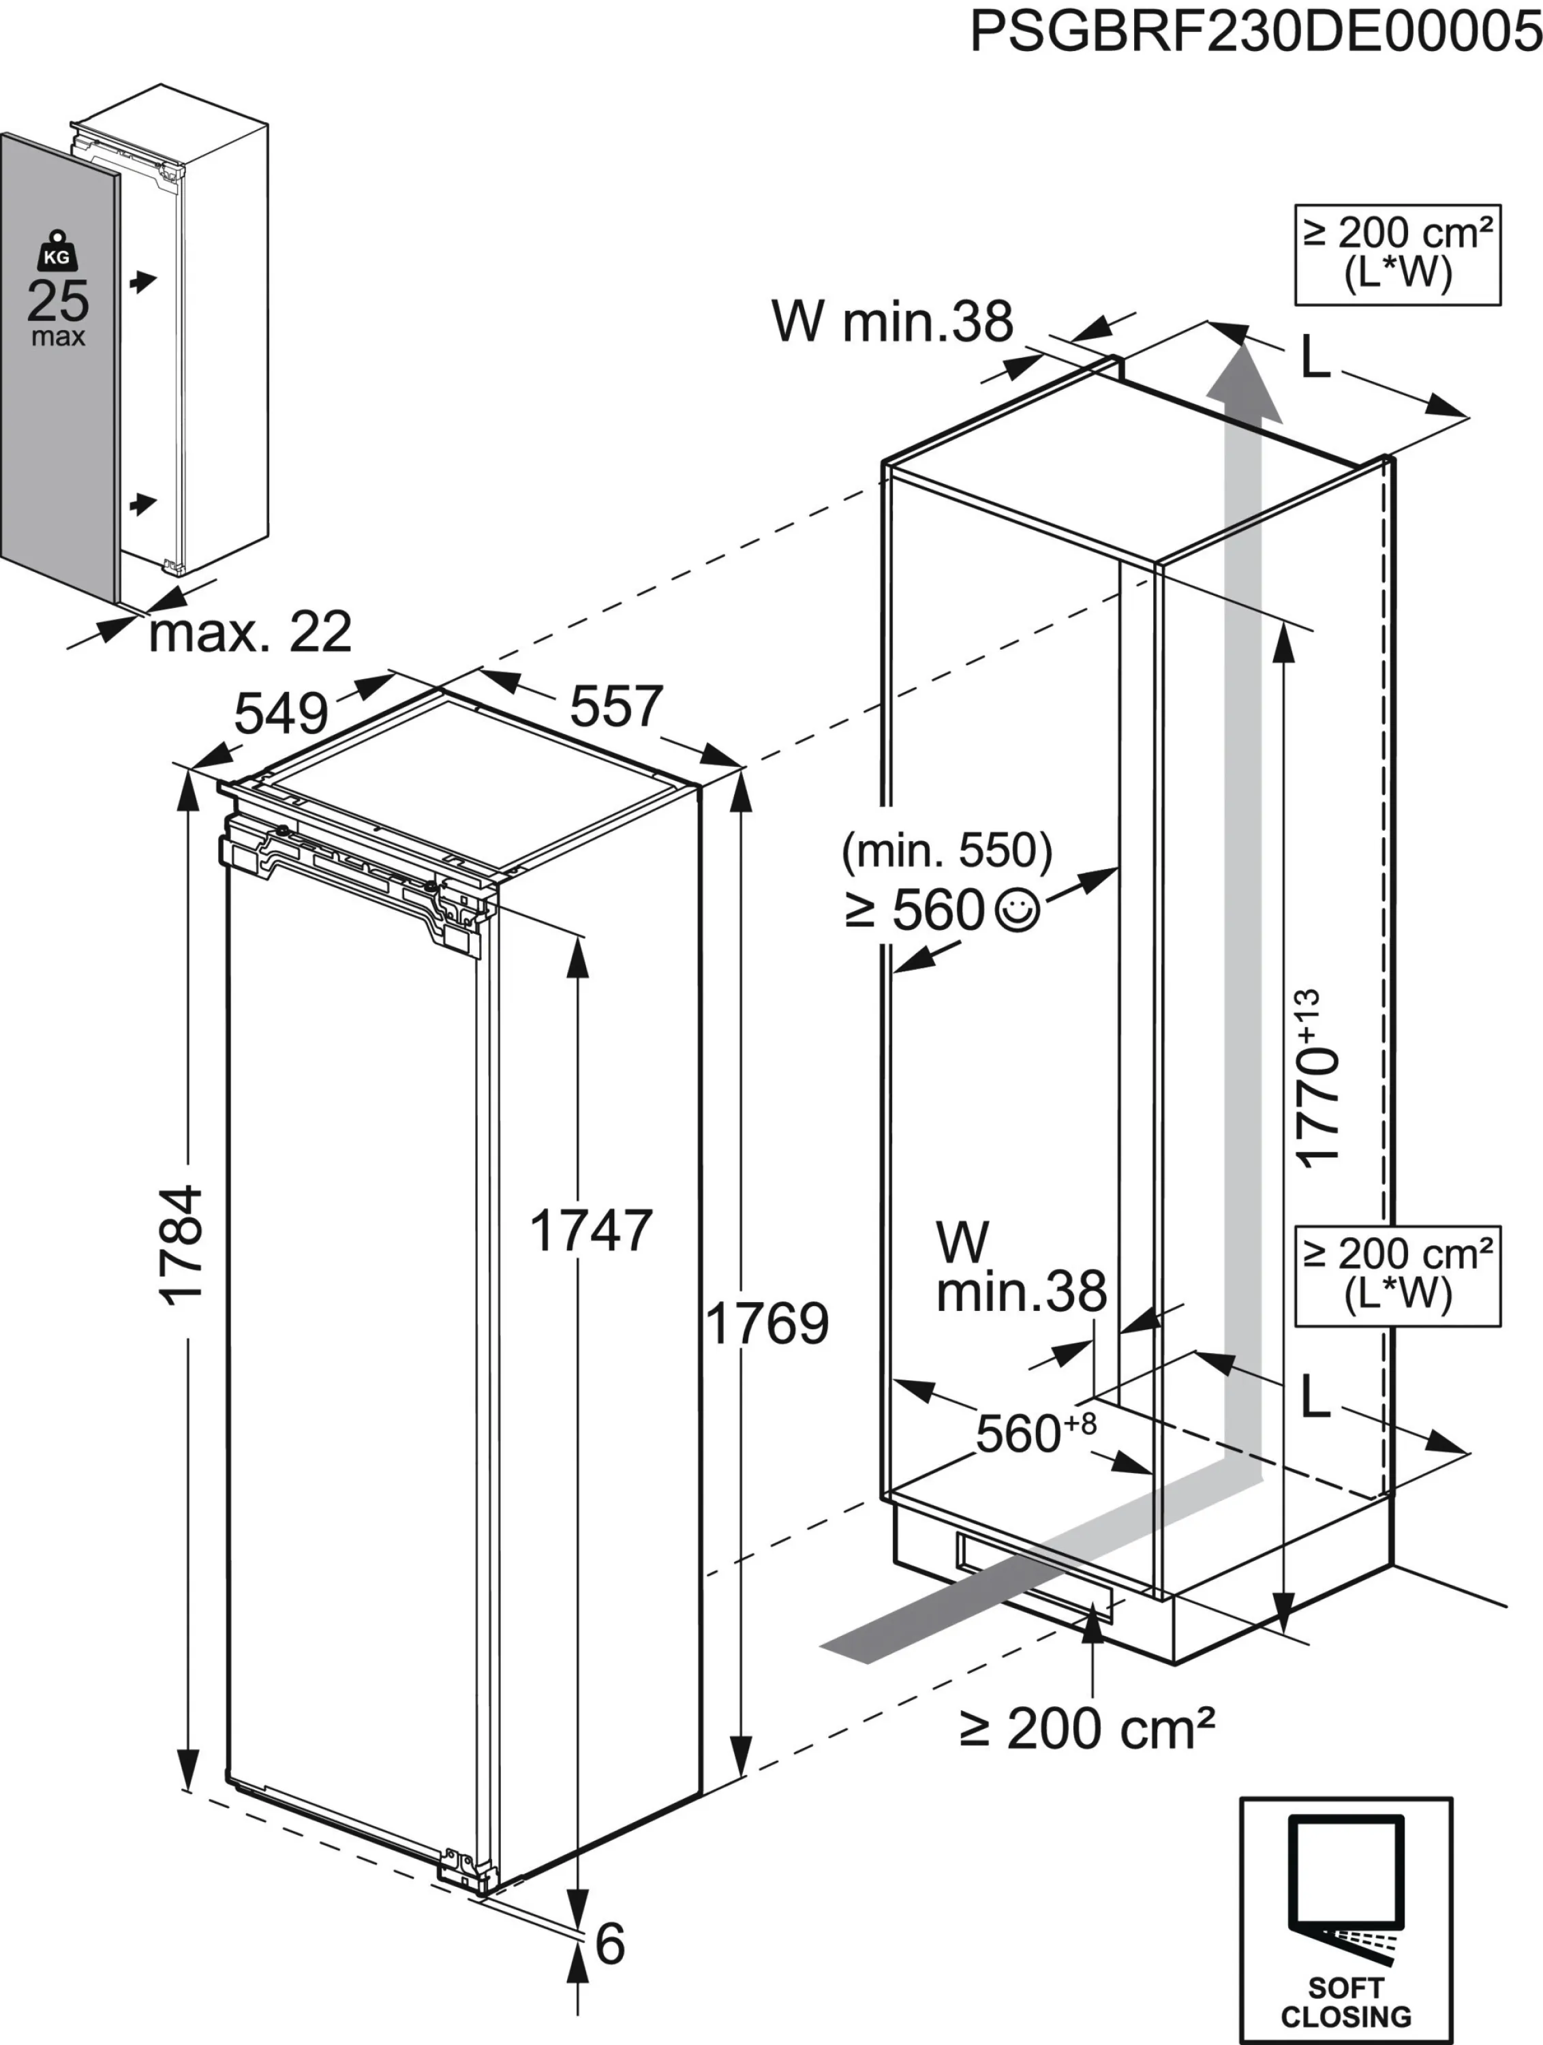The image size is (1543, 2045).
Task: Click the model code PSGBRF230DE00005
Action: [1255, 31]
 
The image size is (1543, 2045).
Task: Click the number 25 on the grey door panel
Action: [57, 301]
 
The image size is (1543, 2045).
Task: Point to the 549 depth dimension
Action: [281, 714]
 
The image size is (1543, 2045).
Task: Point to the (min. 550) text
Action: [947, 851]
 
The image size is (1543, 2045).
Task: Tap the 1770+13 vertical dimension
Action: [1317, 1077]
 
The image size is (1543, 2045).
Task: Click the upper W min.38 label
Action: [892, 321]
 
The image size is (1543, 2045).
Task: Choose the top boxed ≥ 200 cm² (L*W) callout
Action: [1397, 255]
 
